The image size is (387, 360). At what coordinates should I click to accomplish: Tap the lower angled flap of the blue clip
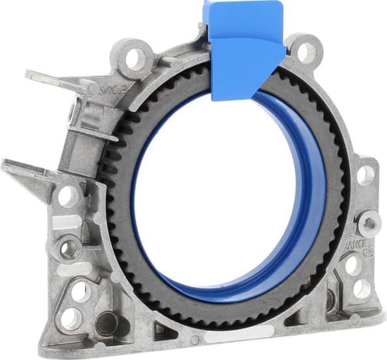[246, 68]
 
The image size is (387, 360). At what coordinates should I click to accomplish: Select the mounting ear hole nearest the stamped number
[135, 58]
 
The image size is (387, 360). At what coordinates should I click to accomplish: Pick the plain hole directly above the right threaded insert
[366, 174]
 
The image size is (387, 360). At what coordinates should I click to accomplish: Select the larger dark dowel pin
[105, 322]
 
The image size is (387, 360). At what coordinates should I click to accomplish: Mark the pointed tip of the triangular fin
[5, 162]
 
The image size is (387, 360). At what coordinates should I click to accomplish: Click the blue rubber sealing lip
[306, 214]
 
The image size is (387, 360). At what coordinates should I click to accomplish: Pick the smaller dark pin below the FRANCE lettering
[332, 300]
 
